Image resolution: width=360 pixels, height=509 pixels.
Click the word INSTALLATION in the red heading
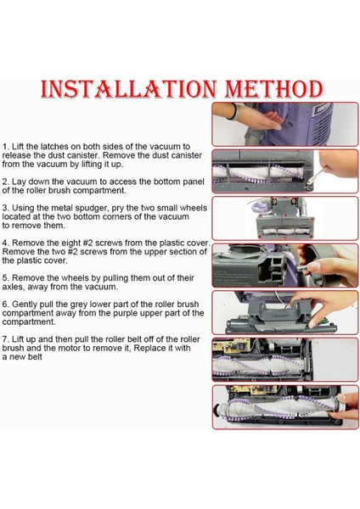pos(129,88)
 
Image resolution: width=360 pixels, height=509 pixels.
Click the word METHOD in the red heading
pos(274,88)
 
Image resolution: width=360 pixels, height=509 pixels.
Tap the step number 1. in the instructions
pos(6,147)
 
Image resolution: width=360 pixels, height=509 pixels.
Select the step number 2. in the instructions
pos(6,182)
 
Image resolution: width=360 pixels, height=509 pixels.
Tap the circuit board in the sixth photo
pos(231,346)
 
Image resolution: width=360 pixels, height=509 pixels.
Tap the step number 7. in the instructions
pos(6,339)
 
